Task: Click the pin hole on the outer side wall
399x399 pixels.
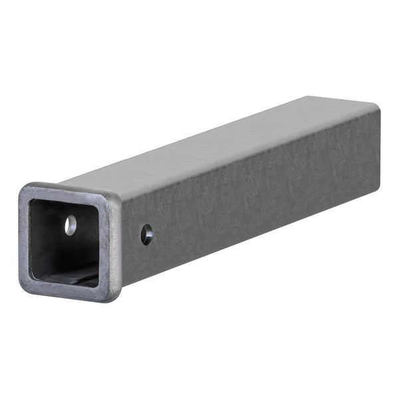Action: pyautogui.click(x=147, y=234)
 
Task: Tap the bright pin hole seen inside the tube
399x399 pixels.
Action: pyautogui.click(x=70, y=225)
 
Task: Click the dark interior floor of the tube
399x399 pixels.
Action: pyautogui.click(x=66, y=274)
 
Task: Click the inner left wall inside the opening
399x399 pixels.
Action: pyautogui.click(x=35, y=239)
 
